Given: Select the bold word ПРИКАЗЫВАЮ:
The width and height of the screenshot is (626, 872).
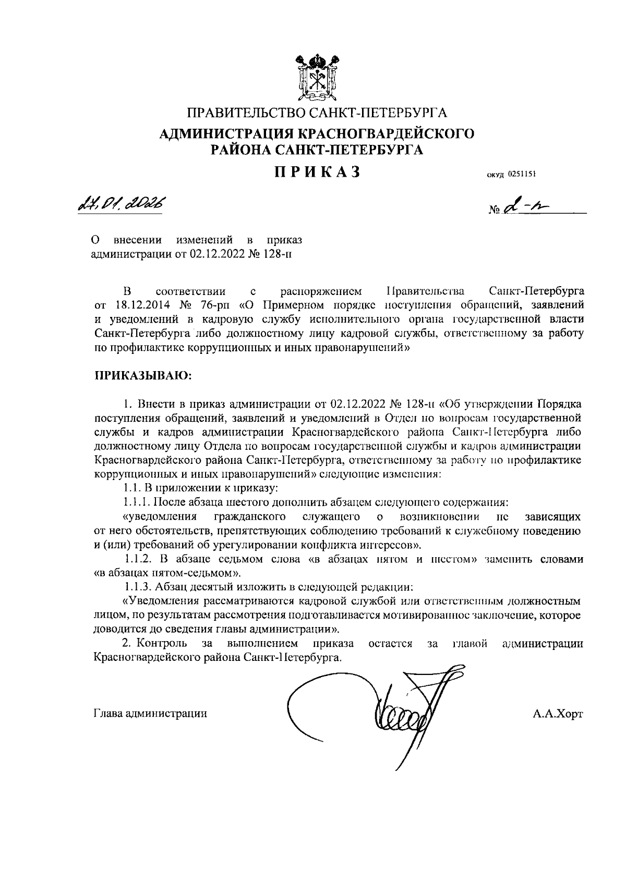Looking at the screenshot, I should click(143, 376).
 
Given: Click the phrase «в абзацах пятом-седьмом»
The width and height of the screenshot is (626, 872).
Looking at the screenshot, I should click(167, 573).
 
